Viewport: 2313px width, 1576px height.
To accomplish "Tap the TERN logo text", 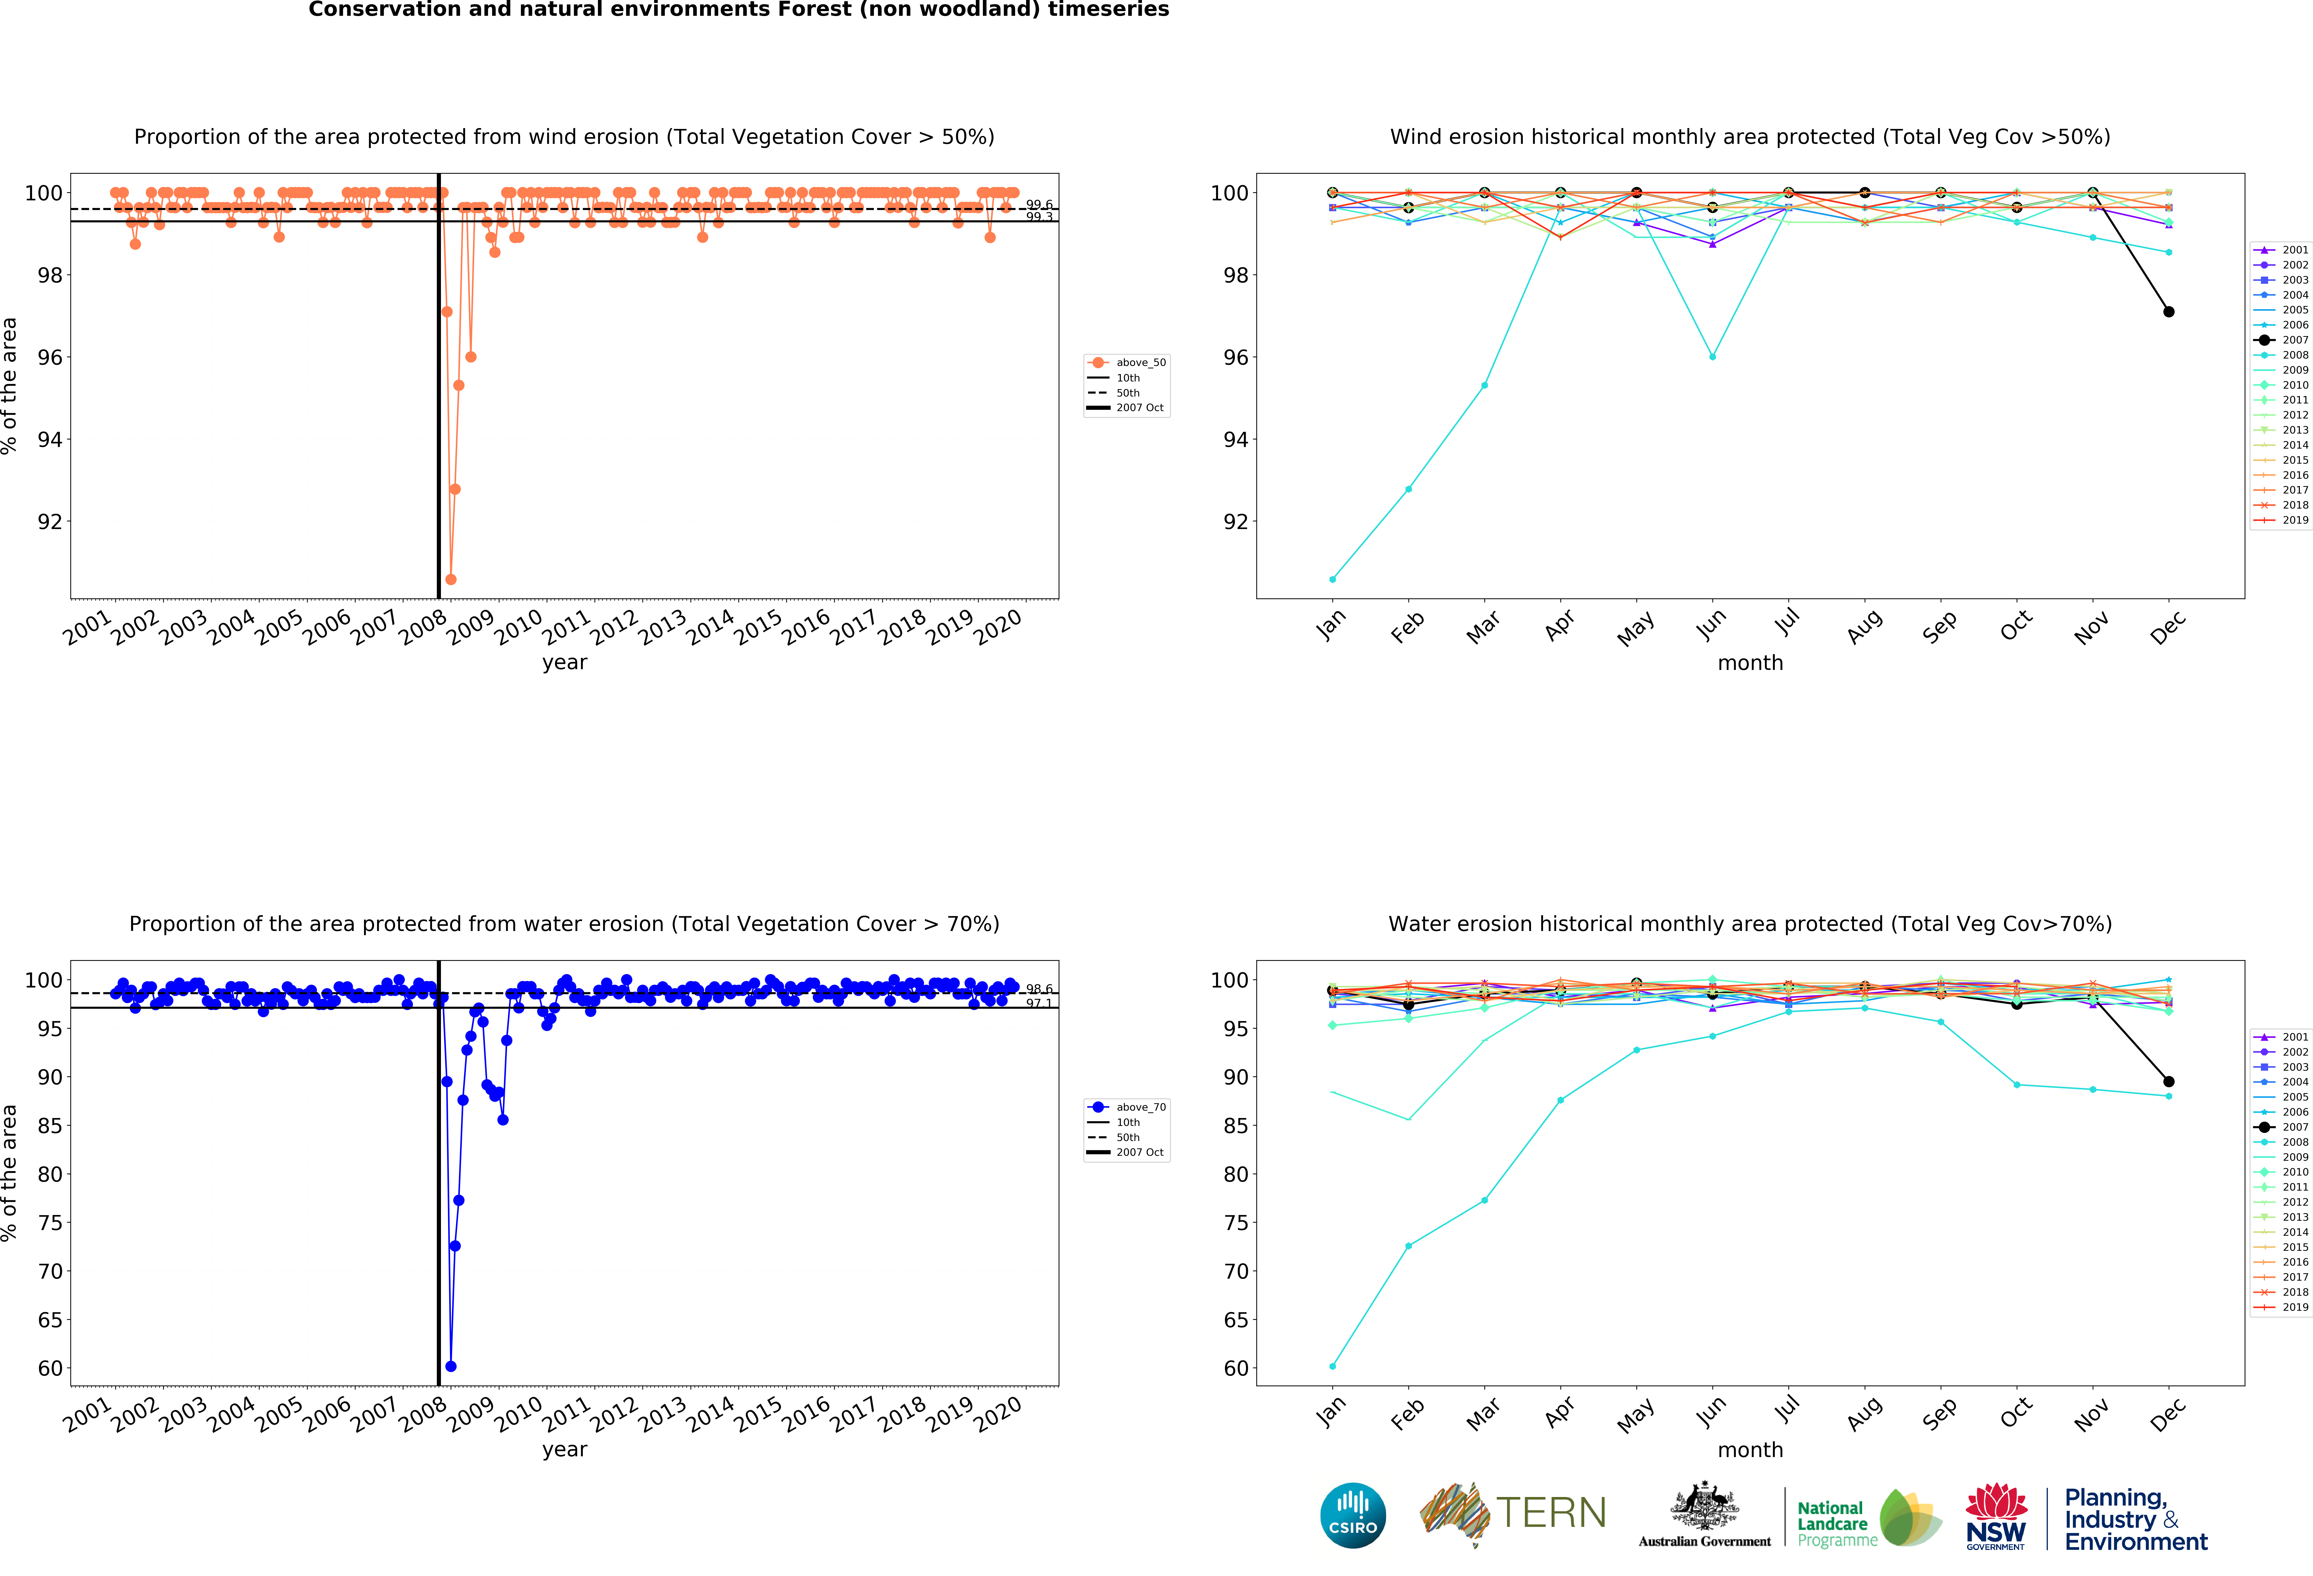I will pyautogui.click(x=1551, y=1513).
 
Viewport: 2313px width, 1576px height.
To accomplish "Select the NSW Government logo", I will pyautogui.click(x=1995, y=1516).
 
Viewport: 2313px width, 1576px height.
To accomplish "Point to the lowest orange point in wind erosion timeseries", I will pyautogui.click(x=451, y=579).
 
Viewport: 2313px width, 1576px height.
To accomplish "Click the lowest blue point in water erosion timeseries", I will pyautogui.click(x=451, y=1366).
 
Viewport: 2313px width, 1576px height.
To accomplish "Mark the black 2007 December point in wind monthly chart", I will pyautogui.click(x=2169, y=311).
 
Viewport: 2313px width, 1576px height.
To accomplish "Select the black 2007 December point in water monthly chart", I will pyautogui.click(x=2169, y=1082).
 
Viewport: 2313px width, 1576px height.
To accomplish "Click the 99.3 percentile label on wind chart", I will pyautogui.click(x=1039, y=217).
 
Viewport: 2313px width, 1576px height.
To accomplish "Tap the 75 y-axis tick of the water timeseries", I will pyautogui.click(x=50, y=1223).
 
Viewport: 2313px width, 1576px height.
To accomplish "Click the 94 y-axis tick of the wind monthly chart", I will pyautogui.click(x=1235, y=440).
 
